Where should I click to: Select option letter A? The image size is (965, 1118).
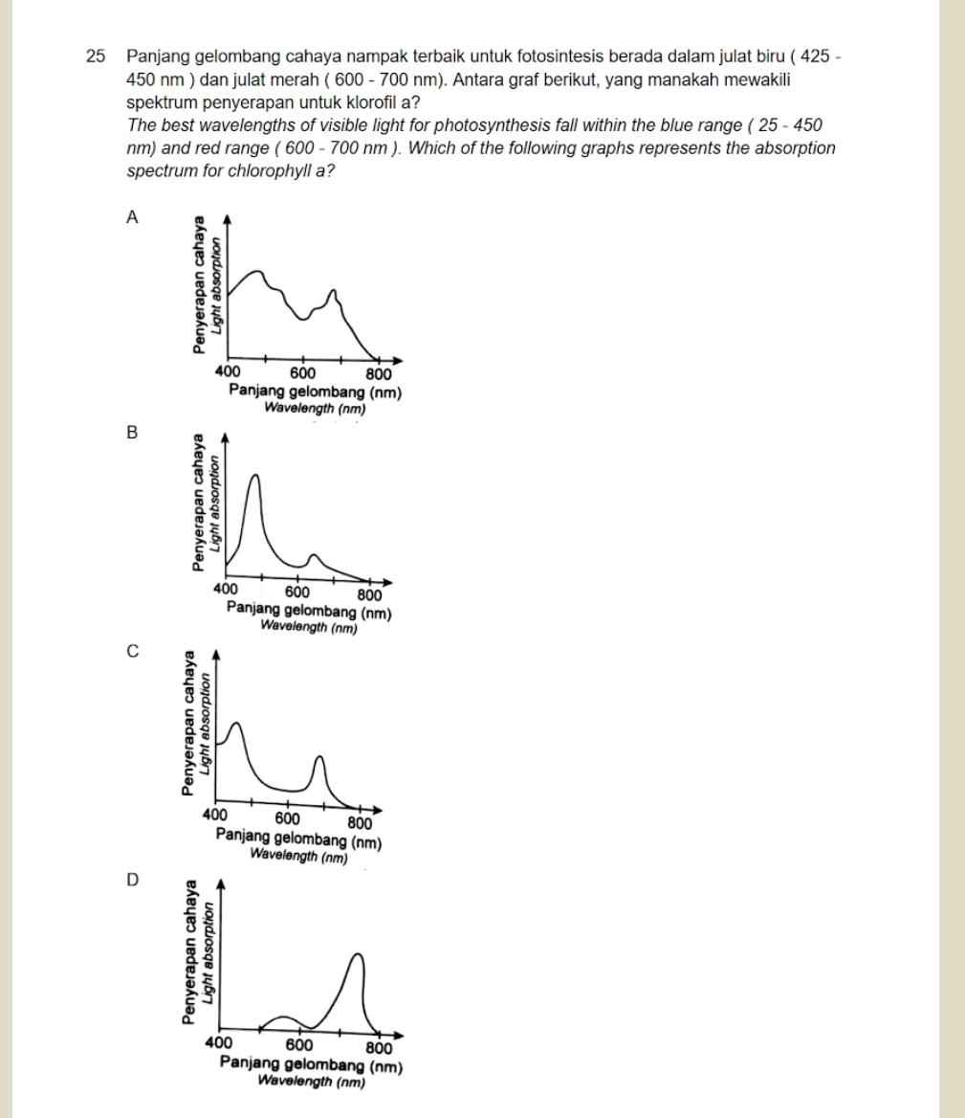(133, 217)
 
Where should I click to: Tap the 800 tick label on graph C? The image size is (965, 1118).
(359, 822)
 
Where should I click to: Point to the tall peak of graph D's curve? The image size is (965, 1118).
(358, 954)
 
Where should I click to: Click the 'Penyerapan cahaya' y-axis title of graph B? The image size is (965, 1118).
(198, 503)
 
